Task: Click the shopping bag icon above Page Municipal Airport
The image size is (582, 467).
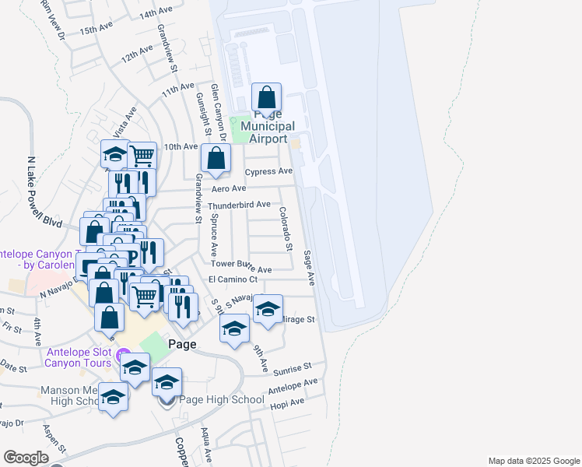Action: click(266, 99)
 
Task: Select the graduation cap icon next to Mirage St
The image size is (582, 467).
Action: click(268, 311)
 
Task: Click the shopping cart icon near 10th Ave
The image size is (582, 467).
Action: click(142, 156)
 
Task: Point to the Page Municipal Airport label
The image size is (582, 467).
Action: click(267, 127)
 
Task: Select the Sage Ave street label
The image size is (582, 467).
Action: click(309, 266)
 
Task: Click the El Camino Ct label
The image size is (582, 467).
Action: click(233, 279)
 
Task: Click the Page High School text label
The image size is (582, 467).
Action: click(222, 400)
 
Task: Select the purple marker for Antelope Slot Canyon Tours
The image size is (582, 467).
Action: click(121, 356)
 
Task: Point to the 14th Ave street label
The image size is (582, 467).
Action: click(156, 13)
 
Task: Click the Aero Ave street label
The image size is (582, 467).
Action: click(229, 189)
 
